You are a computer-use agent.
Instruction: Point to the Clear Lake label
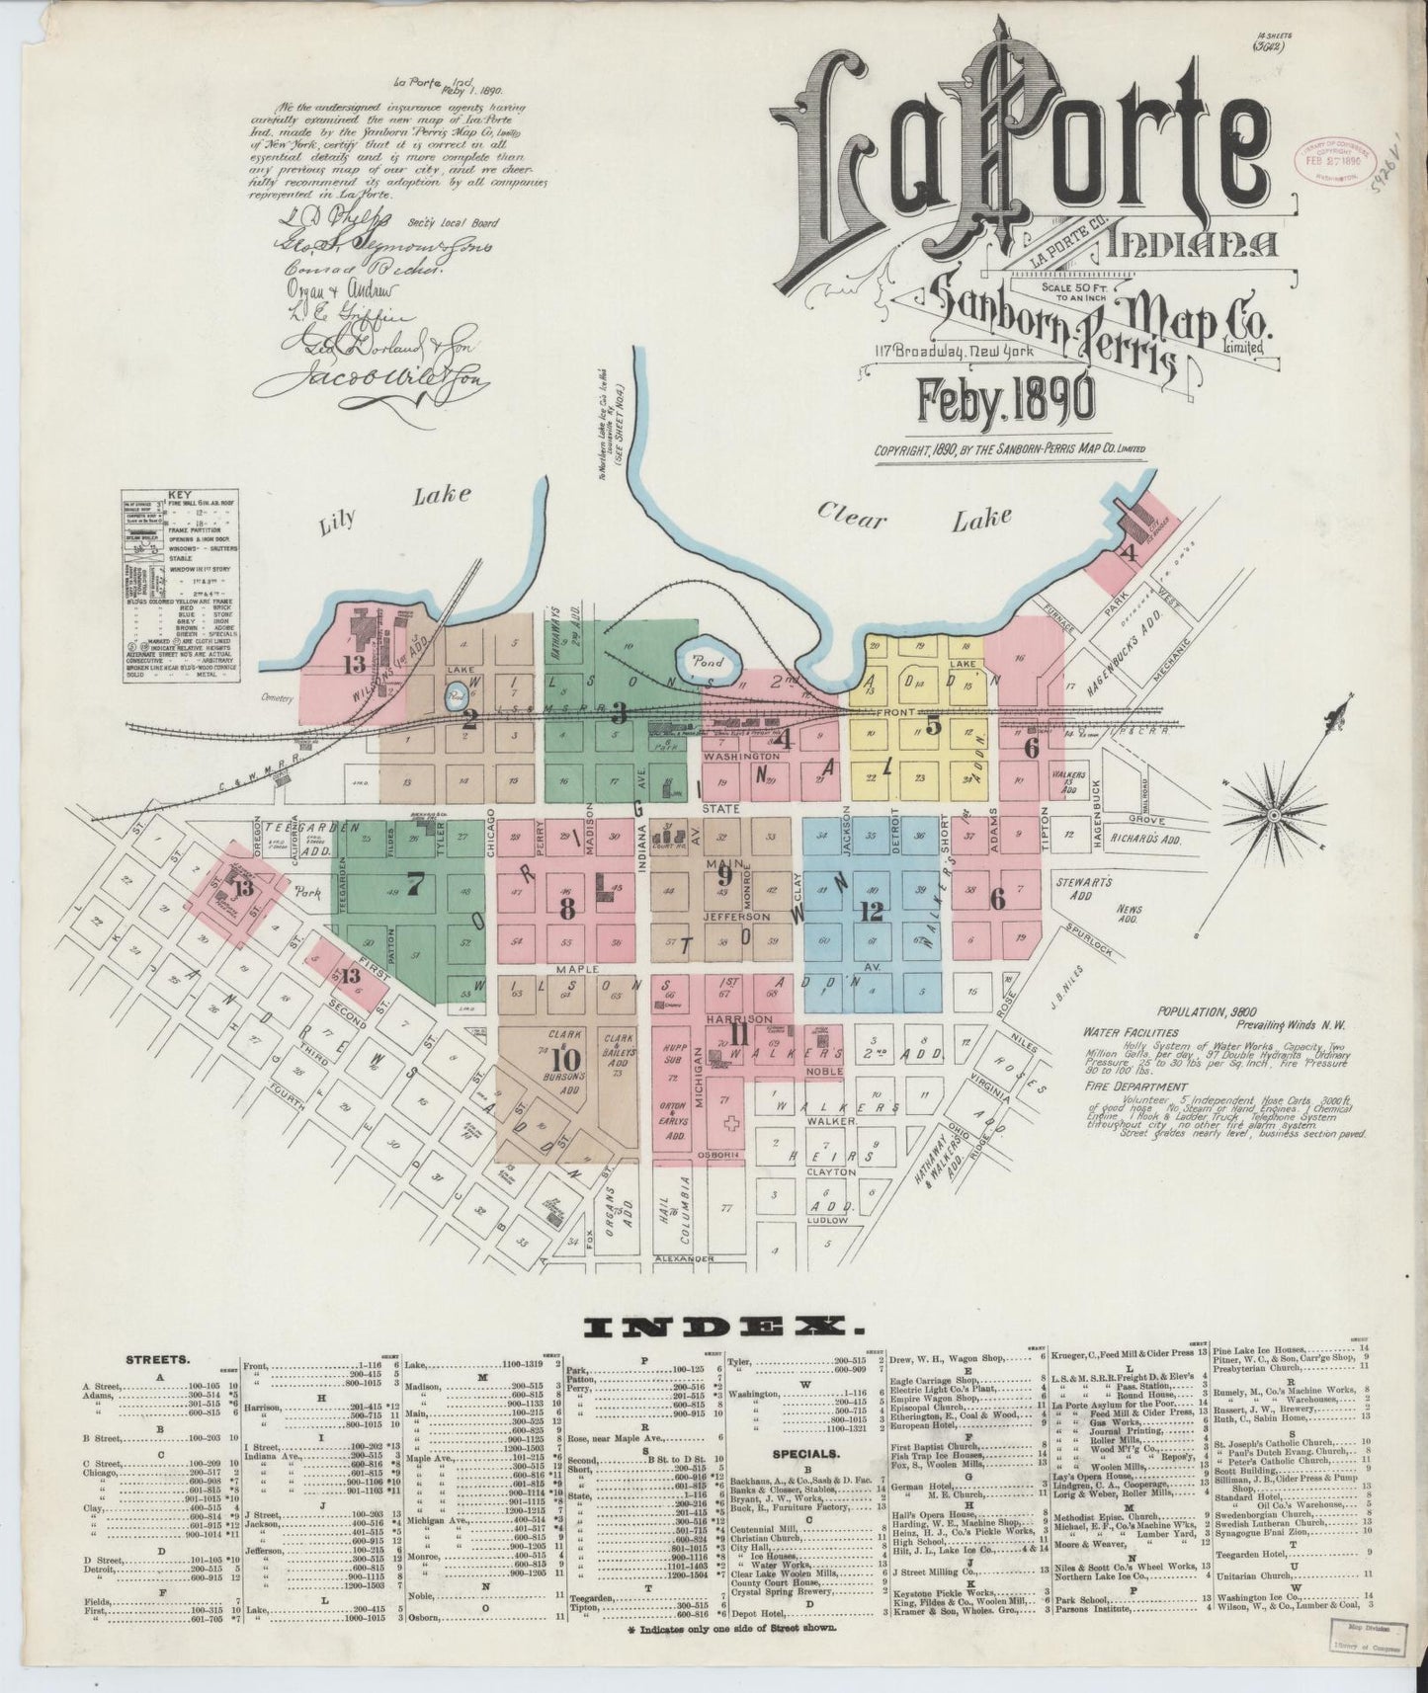pos(914,517)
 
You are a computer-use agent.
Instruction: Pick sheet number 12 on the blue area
pos(871,913)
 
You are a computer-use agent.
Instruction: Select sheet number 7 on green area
pos(414,884)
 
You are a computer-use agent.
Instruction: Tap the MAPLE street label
pos(583,970)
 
